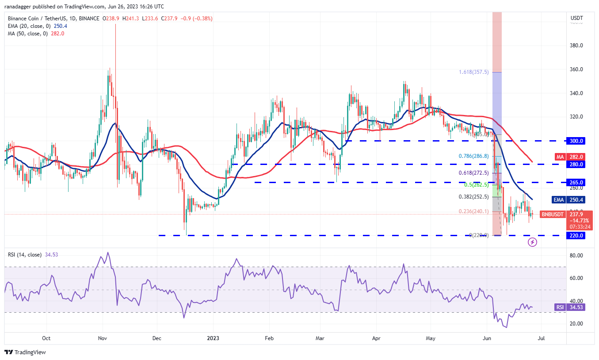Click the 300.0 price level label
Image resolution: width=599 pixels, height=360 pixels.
pos(576,141)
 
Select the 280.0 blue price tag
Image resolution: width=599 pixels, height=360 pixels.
pos(576,165)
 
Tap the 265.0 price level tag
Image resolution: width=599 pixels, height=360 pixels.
pos(576,182)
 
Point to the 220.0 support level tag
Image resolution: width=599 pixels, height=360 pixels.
pos(576,236)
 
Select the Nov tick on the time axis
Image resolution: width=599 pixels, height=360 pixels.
pos(103,338)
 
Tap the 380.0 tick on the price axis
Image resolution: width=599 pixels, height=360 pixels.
pos(576,46)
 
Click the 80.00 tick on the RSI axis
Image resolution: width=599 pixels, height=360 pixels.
pos(576,256)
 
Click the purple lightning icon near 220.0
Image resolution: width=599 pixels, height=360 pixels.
pos(533,242)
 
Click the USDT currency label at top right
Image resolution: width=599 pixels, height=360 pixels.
pos(577,18)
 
